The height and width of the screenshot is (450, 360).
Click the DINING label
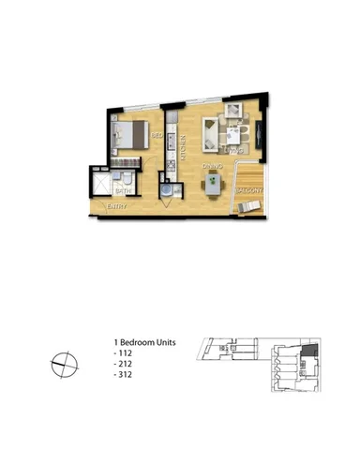tap(211, 166)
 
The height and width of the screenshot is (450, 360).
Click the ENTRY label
tap(117, 205)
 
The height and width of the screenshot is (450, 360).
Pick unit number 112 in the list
tap(122, 354)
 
